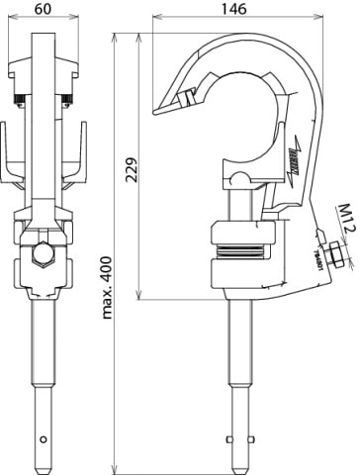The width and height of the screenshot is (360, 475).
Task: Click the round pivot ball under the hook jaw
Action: coord(241,178)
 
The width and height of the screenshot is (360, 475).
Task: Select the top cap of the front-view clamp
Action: coord(43,68)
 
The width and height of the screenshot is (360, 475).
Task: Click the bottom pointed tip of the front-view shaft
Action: coord(43,464)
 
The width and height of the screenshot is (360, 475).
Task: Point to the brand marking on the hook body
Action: coord(294,152)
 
